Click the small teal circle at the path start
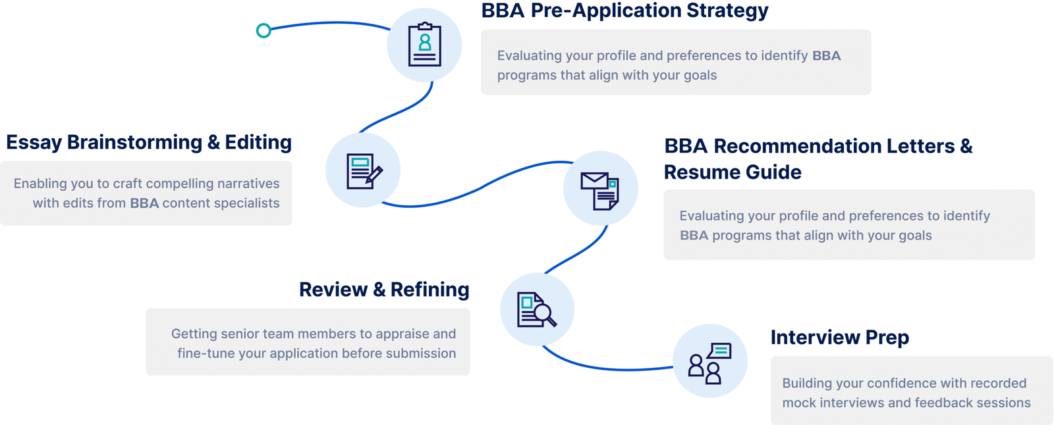tap(263, 30)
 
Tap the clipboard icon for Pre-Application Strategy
tap(424, 45)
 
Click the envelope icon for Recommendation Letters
tap(600, 191)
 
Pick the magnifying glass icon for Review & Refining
tap(536, 309)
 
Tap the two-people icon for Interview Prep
tap(709, 363)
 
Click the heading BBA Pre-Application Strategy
tap(624, 11)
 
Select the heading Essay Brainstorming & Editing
tap(149, 143)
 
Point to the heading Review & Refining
tap(384, 289)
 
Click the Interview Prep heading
tap(839, 337)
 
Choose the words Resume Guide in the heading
tap(733, 172)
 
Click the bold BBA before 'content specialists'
tap(144, 203)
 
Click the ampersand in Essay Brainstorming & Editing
tap(213, 143)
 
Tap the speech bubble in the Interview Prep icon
tap(719, 351)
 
